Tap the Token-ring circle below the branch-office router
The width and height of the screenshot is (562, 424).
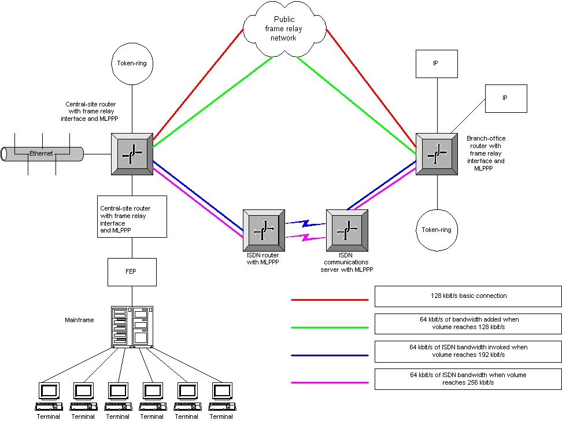pos(437,230)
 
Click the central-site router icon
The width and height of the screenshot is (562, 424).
pos(132,153)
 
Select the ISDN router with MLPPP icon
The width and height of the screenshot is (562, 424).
pos(263,227)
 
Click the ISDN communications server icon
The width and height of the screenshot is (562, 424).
pos(346,228)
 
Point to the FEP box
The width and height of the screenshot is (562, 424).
pos(132,271)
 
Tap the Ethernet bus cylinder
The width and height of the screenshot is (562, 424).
pos(43,154)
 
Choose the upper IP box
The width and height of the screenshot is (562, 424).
pos(437,64)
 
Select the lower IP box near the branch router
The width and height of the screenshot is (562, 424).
pos(506,98)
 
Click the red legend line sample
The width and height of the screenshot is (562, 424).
pos(330,300)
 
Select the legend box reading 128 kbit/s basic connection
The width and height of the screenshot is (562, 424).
pos(468,296)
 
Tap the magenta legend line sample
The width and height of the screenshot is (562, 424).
pos(330,382)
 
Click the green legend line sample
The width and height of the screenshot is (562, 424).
pos(330,327)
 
